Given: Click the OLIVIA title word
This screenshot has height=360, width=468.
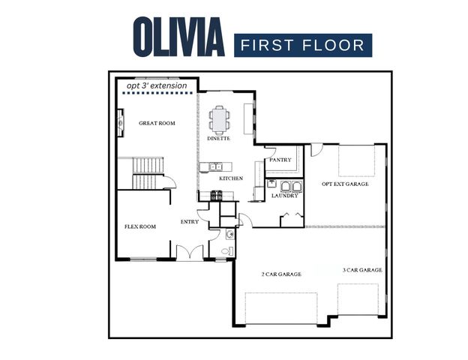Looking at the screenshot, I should coord(178,36).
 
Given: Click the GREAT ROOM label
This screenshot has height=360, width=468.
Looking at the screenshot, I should coord(157,123).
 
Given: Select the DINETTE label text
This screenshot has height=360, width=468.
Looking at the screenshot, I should coord(218,139).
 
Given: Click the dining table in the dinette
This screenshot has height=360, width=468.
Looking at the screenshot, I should coord(220,118).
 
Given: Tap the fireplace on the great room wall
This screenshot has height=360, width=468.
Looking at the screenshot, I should coord(120,122).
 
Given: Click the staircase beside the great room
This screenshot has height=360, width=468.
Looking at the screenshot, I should coord(148,172).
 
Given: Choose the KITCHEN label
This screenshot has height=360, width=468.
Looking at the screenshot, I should coord(230,178).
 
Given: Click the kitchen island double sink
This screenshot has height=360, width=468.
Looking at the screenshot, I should coord(216,166).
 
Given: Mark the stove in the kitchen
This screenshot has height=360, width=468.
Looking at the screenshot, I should coord(216,196).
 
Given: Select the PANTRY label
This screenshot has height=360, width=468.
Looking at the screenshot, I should coord(280,160).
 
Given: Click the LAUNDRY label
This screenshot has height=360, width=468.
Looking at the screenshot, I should coord(286,196).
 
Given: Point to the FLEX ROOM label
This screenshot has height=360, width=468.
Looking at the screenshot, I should coord(139,226).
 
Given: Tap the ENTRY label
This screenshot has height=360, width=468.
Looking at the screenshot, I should coord(190,222).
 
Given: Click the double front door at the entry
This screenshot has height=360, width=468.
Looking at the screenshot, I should coord(190,253).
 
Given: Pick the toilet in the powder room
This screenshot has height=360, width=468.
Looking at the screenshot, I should coord(229,234).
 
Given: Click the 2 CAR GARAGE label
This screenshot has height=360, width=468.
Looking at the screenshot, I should coord(281,274).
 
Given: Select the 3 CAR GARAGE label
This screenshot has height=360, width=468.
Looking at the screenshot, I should coord(362,270).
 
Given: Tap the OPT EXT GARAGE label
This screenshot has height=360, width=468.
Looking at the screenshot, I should coord(345,184).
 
